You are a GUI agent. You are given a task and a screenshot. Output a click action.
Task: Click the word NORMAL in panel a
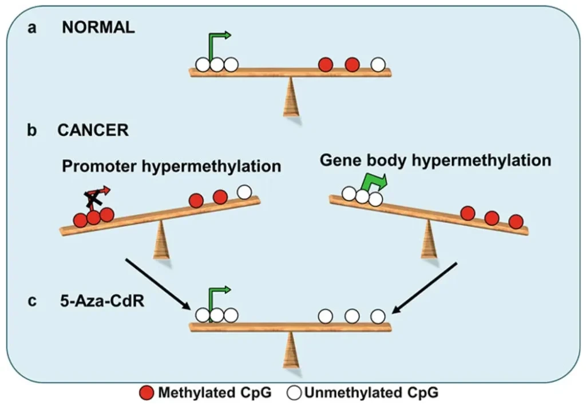[98, 27]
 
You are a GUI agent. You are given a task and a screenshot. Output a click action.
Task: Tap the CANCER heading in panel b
[93, 130]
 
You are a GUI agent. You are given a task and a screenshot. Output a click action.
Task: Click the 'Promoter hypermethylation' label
[172, 166]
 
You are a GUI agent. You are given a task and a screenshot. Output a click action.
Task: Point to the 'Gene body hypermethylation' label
[435, 160]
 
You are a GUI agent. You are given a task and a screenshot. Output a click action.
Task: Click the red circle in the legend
[147, 393]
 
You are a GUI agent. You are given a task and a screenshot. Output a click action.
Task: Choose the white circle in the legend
[294, 393]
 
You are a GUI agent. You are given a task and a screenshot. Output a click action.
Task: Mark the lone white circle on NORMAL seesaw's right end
[378, 65]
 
